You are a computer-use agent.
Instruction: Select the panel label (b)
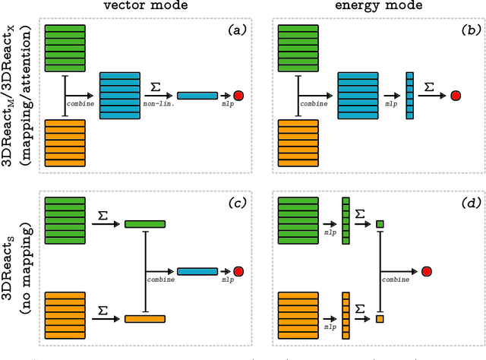[x=465, y=30]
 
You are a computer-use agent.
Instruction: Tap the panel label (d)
[x=465, y=202]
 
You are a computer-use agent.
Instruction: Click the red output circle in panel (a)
[x=238, y=96]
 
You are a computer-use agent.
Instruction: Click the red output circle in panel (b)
[x=455, y=96]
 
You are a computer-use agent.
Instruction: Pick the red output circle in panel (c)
[x=238, y=271]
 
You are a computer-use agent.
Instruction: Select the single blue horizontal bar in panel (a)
[x=197, y=96]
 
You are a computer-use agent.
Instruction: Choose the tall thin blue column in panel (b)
[x=409, y=96]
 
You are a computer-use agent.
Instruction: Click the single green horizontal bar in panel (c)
[x=144, y=223]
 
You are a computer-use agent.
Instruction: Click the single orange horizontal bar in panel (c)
[x=144, y=318]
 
